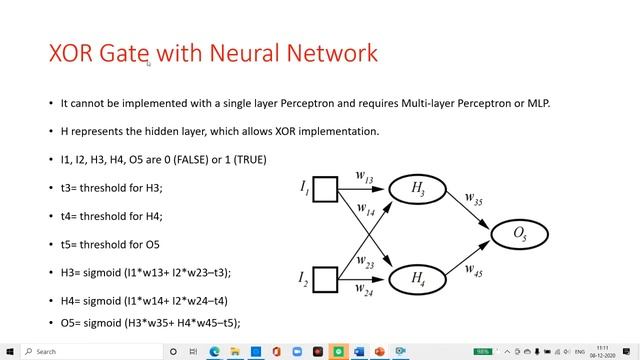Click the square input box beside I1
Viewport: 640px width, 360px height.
click(325, 188)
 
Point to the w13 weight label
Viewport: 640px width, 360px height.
click(364, 178)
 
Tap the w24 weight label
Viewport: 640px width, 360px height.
click(365, 292)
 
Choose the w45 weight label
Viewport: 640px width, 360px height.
click(476, 268)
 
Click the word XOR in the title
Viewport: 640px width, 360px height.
click(72, 53)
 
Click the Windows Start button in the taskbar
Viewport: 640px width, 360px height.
click(9, 351)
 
